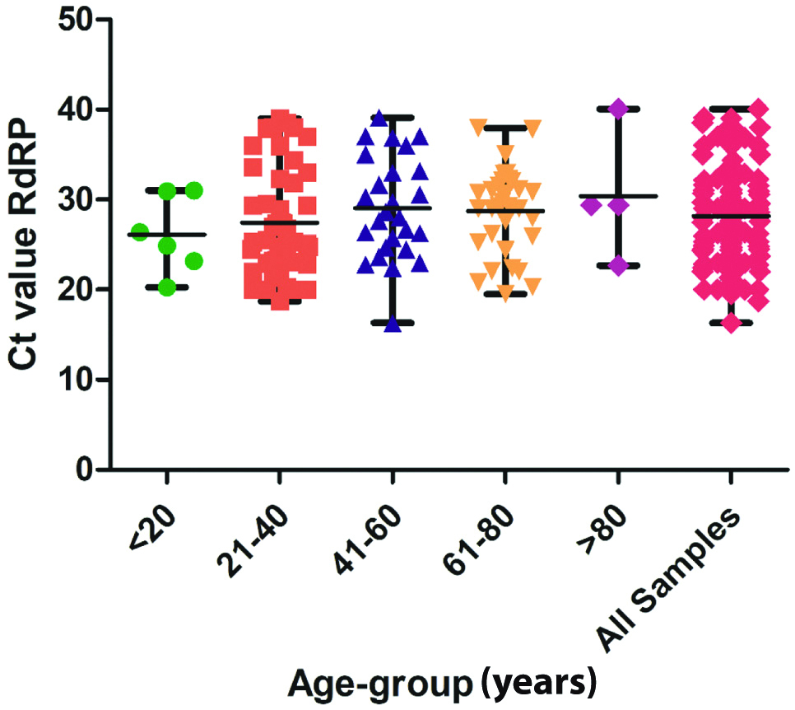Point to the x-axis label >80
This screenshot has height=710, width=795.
(599, 526)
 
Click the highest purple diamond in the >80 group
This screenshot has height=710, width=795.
(618, 109)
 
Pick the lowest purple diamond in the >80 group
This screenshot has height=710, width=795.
(618, 265)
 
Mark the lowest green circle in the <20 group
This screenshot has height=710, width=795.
(167, 287)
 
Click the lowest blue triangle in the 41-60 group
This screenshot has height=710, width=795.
(392, 324)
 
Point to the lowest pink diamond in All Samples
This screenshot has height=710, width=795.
(731, 323)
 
